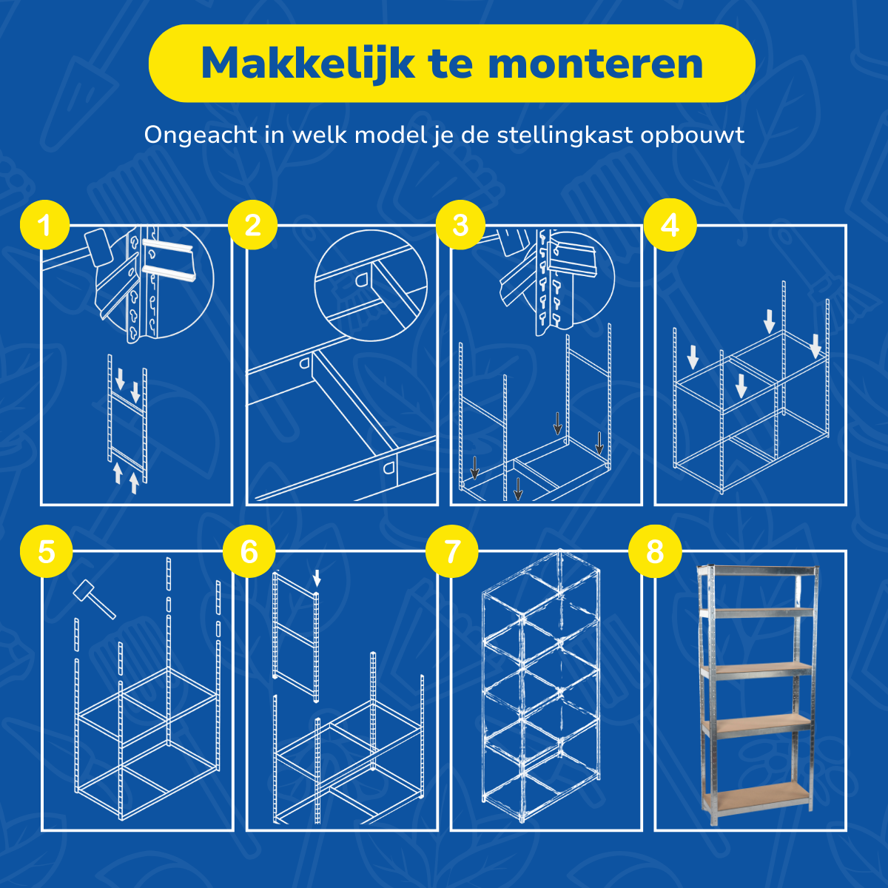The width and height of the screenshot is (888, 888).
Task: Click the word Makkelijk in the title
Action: (x=308, y=64)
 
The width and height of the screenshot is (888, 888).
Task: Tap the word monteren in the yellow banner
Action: (x=596, y=64)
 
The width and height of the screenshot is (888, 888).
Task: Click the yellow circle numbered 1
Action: (x=45, y=225)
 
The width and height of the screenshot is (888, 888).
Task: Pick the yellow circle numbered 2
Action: (x=252, y=225)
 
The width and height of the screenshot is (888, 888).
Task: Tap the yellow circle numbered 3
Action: (x=460, y=225)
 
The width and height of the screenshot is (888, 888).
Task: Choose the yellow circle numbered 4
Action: (x=669, y=225)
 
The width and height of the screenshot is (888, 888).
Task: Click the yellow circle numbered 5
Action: (x=46, y=551)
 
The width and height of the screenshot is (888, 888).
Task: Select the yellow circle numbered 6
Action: (x=249, y=551)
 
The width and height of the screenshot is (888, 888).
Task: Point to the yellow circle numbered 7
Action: (x=452, y=551)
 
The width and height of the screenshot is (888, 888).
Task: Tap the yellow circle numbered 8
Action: (x=655, y=551)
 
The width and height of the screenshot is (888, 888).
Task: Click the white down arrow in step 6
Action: (x=317, y=577)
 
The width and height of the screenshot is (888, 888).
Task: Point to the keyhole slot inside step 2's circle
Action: (x=363, y=278)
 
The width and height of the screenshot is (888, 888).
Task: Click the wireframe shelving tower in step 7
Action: (x=540, y=684)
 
